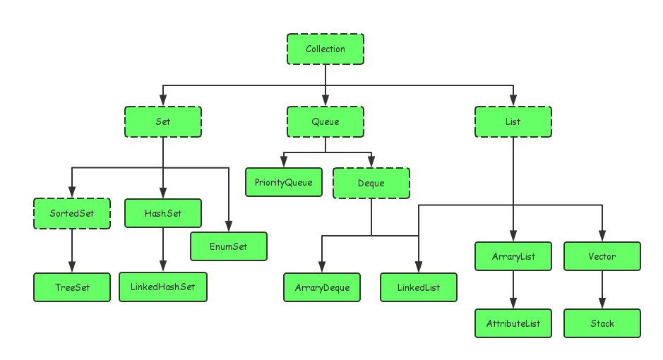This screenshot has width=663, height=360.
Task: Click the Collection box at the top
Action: [x=325, y=49]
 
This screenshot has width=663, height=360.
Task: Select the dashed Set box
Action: [x=163, y=121]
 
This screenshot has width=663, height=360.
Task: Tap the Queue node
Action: [x=325, y=121]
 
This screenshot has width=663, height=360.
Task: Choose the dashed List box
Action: [x=513, y=121]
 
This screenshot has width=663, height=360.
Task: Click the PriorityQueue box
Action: [x=284, y=182]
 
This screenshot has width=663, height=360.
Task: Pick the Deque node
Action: [x=371, y=183]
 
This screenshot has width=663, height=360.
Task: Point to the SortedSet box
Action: [x=72, y=213]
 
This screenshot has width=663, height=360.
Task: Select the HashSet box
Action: [x=163, y=213]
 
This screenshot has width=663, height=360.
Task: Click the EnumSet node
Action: [x=229, y=246]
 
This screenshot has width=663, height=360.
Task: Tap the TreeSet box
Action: [x=72, y=287]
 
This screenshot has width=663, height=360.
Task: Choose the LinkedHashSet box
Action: [x=163, y=287]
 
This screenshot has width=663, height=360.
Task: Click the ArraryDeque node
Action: [x=322, y=287]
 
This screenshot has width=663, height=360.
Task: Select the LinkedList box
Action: [x=419, y=287]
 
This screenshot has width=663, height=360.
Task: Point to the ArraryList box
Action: [x=513, y=257]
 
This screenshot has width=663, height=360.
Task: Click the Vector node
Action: [x=602, y=257]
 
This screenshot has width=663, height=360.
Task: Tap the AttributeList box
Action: [x=513, y=323]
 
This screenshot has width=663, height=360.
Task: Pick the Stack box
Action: [x=602, y=323]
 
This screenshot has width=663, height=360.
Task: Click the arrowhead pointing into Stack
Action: [x=602, y=304]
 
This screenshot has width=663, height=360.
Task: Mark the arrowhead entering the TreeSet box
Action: [x=72, y=268]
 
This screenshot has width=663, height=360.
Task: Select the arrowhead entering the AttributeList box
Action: [x=513, y=304]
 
